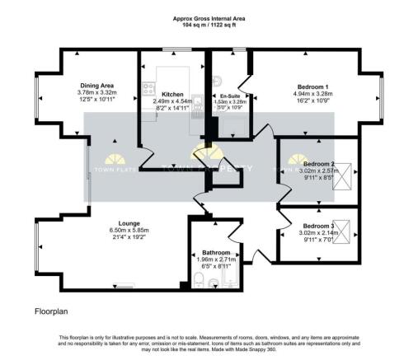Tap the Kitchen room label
pos(171,95)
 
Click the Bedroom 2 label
pos(318,164)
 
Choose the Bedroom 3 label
pos(318,226)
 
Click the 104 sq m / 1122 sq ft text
pos(209,26)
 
